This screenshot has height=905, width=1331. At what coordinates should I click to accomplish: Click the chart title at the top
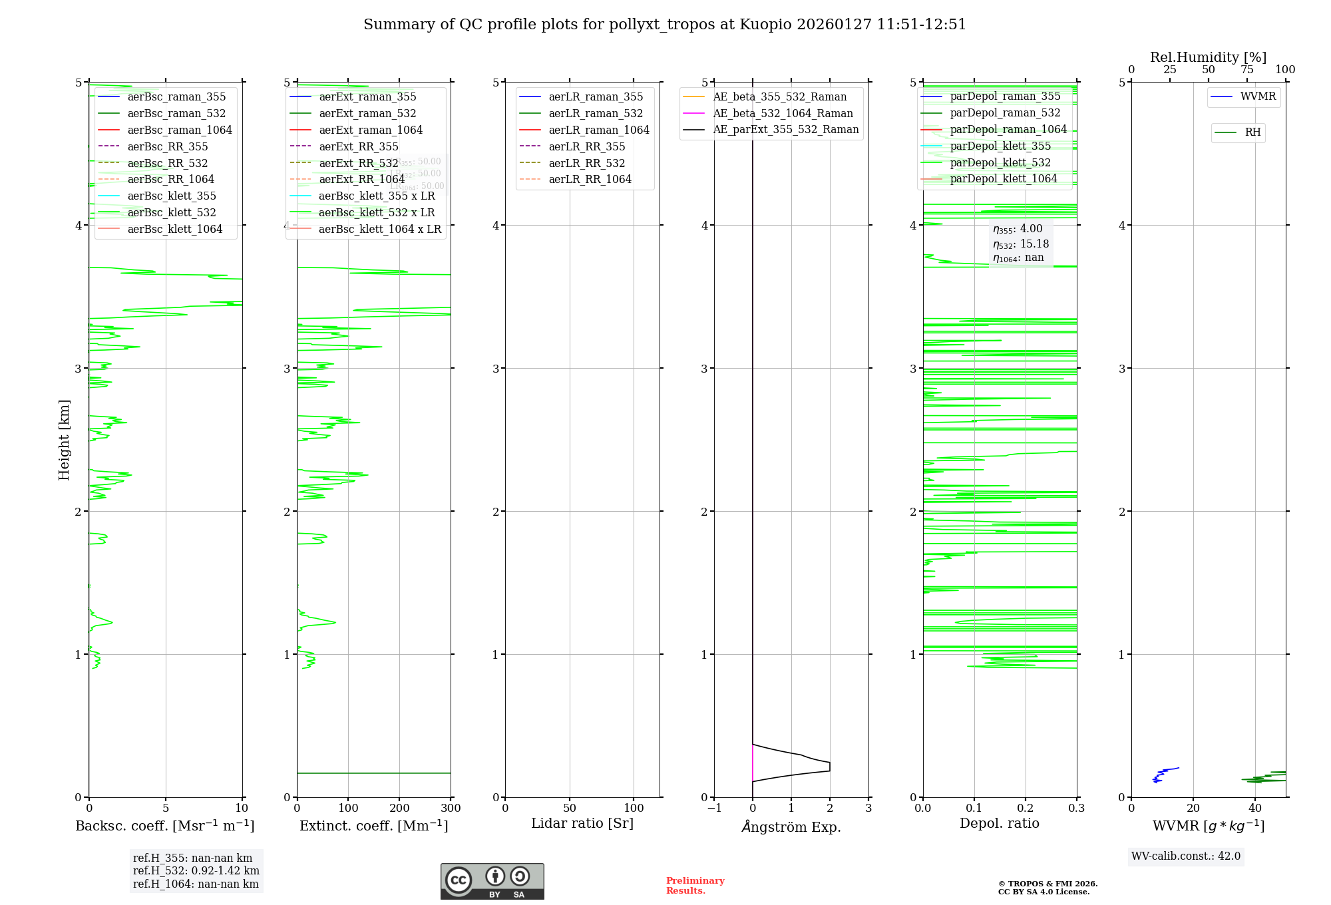click(664, 25)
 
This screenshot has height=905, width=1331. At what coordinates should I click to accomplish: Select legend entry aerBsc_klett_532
click(172, 212)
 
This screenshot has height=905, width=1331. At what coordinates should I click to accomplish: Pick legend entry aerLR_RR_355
click(586, 146)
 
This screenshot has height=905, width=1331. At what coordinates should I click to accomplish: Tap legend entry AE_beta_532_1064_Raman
click(783, 113)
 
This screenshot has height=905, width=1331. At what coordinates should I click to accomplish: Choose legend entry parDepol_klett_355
click(1000, 146)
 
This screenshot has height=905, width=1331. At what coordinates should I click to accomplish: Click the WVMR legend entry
click(1258, 96)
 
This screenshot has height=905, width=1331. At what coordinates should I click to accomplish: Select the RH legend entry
click(1252, 132)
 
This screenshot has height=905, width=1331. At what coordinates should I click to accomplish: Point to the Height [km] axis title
click(64, 439)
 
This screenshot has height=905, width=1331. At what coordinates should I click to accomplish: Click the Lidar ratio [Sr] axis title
click(582, 823)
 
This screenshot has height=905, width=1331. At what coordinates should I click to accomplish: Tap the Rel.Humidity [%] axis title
click(1208, 57)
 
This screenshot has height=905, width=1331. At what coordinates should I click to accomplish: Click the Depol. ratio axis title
click(999, 823)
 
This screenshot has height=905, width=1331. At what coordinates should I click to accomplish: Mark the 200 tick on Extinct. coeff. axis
click(399, 808)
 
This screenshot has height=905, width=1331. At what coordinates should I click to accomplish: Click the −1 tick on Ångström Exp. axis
click(714, 808)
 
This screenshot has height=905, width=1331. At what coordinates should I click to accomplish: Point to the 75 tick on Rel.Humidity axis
click(1246, 70)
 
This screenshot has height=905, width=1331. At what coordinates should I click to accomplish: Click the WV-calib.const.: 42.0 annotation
click(1185, 856)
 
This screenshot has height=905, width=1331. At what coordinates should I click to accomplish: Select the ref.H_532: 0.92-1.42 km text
click(196, 870)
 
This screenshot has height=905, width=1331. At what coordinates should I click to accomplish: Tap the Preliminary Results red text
click(695, 886)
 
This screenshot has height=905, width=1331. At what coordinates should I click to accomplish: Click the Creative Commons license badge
click(492, 881)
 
